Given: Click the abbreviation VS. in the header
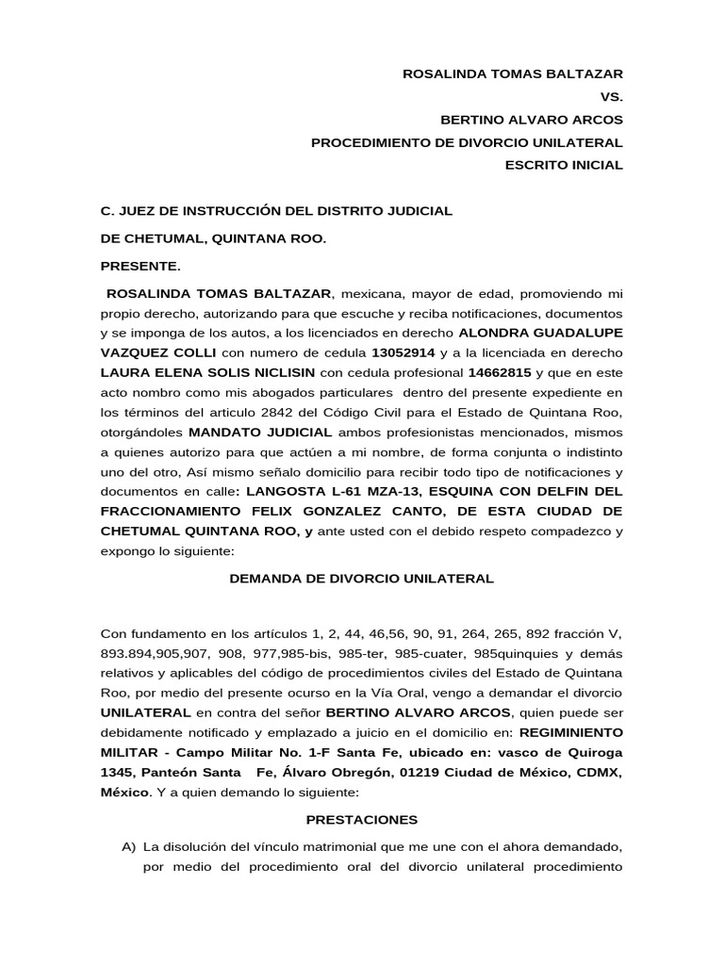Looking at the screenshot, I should (x=612, y=96).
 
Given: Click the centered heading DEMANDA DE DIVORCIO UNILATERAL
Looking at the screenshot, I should (x=362, y=578).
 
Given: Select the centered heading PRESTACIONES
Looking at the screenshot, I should (x=362, y=820).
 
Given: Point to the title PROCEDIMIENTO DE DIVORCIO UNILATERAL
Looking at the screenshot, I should (x=467, y=142).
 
